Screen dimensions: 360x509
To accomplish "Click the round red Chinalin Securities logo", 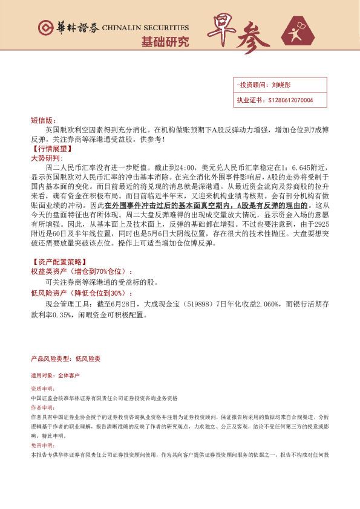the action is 45,27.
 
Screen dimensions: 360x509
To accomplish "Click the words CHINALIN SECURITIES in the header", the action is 145,28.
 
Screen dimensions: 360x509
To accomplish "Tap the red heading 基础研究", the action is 165,42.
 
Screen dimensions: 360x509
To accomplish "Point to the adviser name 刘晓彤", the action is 282,86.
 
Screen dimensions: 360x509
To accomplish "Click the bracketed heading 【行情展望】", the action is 51,148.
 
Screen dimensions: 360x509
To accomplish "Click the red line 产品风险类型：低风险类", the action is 66,358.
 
